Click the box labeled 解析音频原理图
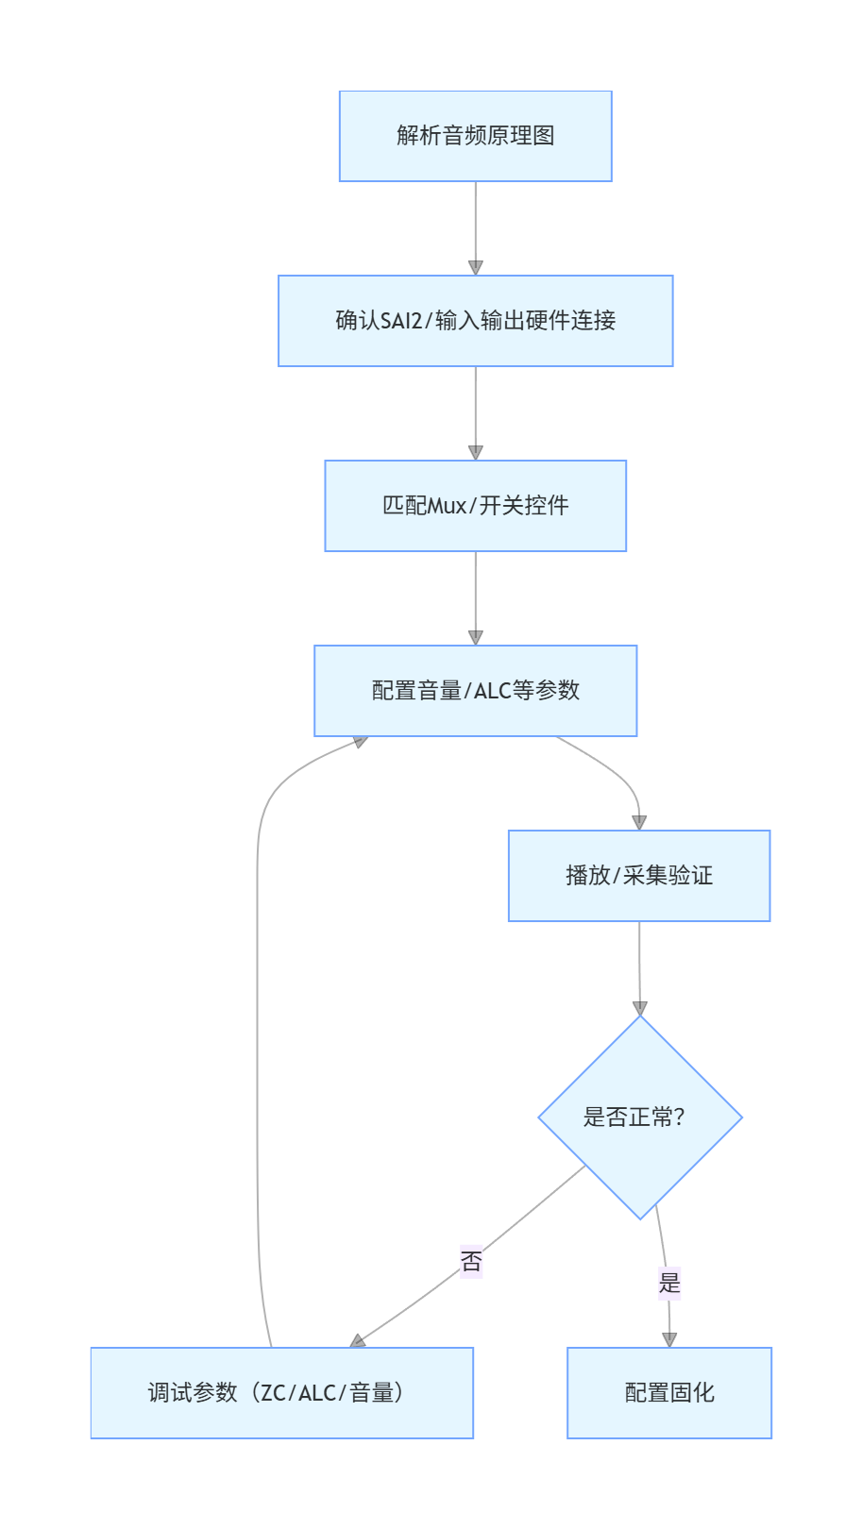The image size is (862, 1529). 475,136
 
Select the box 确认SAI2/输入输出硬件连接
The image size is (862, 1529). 475,321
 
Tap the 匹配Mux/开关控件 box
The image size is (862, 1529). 475,506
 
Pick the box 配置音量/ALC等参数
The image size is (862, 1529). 475,691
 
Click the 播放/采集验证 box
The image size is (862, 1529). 639,876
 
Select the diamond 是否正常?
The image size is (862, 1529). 640,1117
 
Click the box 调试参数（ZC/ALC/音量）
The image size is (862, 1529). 281,1393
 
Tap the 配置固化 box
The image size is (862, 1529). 669,1393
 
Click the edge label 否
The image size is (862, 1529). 471,1262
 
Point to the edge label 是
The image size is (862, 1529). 669,1283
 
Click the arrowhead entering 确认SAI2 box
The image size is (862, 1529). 476,268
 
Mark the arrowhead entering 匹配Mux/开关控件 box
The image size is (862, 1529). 476,453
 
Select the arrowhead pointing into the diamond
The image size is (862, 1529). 640,1008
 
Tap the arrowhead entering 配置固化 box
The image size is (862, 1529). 669,1339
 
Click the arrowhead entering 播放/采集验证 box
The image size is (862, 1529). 639,823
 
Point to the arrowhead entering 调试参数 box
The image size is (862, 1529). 358,1340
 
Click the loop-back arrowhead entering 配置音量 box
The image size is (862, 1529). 360,742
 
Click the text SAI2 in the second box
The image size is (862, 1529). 401,321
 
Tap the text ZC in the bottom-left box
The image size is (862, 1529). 273,1393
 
